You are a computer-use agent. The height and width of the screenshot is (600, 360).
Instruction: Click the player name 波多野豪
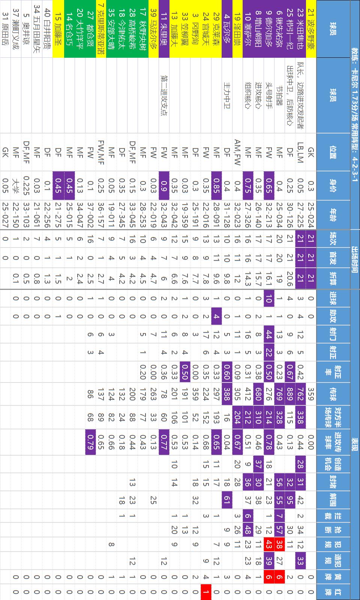click(311, 30)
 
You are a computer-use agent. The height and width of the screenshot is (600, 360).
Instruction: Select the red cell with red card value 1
click(206, 592)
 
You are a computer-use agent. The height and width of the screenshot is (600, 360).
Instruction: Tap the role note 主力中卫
click(227, 95)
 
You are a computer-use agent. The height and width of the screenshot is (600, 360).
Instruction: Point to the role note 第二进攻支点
click(164, 95)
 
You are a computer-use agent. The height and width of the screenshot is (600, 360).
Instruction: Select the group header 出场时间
click(354, 259)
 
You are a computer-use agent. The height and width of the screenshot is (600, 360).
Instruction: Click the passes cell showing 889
click(290, 394)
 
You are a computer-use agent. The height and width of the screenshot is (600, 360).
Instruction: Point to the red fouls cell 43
click(269, 544)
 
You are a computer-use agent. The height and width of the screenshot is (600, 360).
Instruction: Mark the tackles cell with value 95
click(290, 500)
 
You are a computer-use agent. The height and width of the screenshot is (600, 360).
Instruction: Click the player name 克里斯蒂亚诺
click(101, 30)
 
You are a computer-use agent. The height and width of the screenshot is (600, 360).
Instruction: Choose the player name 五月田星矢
click(36, 30)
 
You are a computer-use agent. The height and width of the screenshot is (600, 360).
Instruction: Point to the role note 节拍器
click(279, 95)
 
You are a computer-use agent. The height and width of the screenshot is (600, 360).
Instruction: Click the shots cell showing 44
click(269, 335)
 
